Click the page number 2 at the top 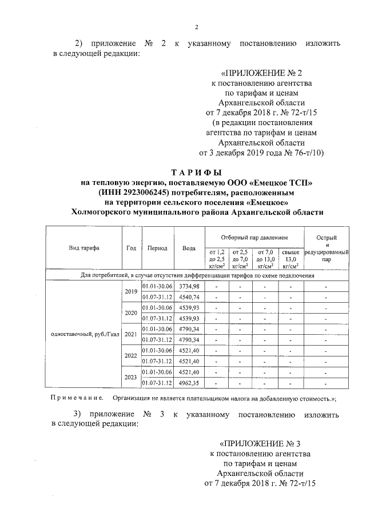tap(196, 27)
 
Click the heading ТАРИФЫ tap(196, 172)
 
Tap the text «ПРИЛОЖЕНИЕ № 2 tap(261, 73)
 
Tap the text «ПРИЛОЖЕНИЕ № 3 tap(260, 443)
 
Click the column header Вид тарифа tap(83, 249)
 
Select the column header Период tap(157, 249)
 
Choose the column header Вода tap(189, 249)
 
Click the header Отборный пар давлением tap(254, 237)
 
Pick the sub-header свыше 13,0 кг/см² tap(291, 258)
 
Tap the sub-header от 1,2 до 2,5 tap(217, 258)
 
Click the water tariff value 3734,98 tap(189, 286)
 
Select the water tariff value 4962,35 tap(189, 383)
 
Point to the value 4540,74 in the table tap(189, 296)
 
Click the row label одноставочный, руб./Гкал tap(83, 334)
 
